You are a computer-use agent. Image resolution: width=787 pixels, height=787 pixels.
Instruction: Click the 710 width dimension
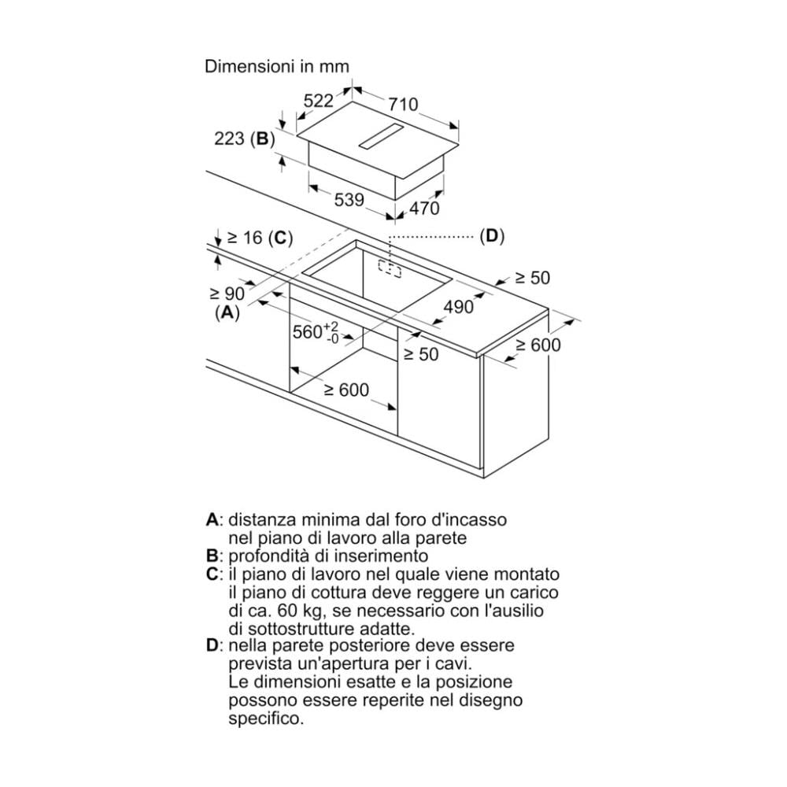(x=403, y=104)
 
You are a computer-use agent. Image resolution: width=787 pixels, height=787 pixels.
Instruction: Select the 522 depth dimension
(x=319, y=101)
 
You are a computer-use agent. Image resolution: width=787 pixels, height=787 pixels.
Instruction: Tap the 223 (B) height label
(x=245, y=139)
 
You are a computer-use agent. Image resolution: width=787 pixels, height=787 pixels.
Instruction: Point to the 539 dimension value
(x=349, y=200)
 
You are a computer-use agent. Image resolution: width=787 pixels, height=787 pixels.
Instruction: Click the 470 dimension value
(x=425, y=208)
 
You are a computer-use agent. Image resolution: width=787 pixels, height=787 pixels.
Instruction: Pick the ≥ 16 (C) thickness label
(x=260, y=238)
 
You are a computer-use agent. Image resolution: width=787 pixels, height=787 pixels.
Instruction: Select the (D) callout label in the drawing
(x=492, y=235)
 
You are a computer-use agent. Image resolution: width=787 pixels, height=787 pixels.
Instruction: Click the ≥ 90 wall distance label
(x=227, y=293)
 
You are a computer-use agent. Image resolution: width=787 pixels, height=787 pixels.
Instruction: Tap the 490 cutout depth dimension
(x=459, y=306)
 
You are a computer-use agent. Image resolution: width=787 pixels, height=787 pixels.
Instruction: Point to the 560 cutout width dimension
(x=316, y=332)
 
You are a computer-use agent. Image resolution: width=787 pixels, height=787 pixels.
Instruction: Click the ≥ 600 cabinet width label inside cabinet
(x=346, y=390)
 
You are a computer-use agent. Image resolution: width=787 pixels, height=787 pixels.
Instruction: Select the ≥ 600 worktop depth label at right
(x=538, y=345)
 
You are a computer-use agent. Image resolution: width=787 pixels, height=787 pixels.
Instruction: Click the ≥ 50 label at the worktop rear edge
(x=533, y=278)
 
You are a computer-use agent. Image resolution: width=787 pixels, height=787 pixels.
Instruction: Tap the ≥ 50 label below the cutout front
(x=421, y=354)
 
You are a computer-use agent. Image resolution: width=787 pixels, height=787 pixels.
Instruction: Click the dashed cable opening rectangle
(x=390, y=268)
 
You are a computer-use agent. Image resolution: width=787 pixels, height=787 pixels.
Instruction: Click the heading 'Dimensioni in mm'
(x=276, y=66)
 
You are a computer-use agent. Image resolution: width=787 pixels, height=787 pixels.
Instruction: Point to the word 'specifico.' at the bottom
(x=266, y=719)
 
